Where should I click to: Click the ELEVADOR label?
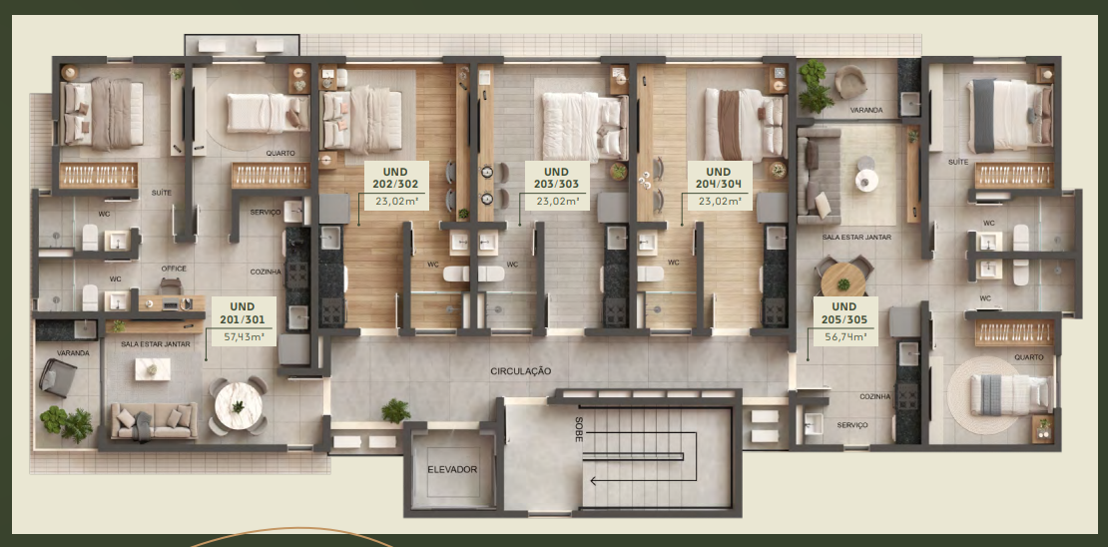coord(452,469)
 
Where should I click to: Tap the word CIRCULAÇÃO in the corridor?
coord(521,371)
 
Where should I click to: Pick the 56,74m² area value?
coord(845,336)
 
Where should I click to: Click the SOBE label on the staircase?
coord(579,429)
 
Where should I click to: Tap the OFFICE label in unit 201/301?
coord(173,269)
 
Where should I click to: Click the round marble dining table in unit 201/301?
coord(239,405)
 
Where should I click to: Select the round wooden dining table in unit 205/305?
coord(843,279)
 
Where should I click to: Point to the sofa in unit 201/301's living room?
coord(154,421)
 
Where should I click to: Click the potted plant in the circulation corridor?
coord(395,411)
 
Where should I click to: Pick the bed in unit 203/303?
coord(584,127)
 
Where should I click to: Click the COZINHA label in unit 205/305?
coord(874,397)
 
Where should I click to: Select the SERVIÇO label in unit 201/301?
coord(265,212)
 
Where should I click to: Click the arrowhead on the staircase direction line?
coord(594,481)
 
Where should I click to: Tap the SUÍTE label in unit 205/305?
coord(958,162)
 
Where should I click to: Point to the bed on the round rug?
coord(1009,394)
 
